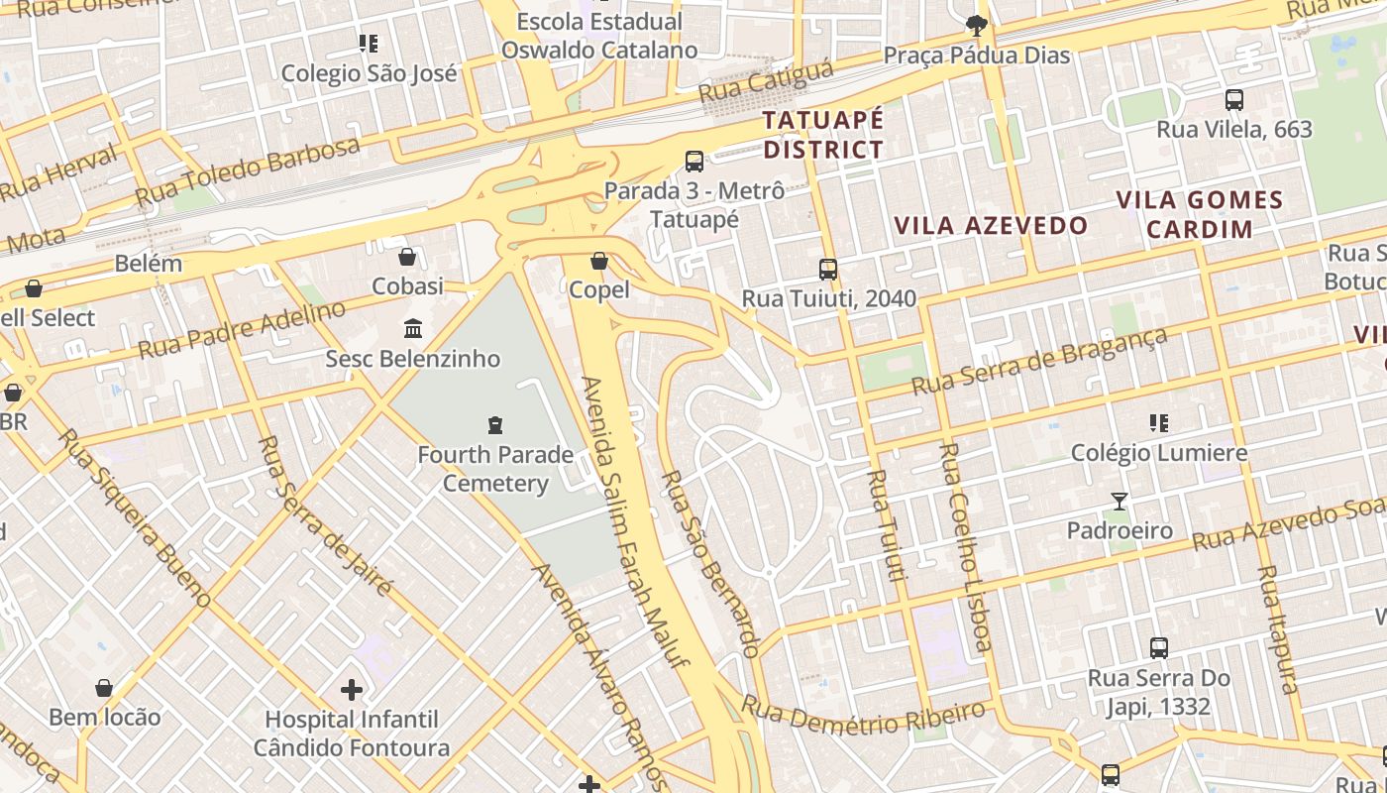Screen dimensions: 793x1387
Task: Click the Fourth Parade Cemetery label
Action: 495,469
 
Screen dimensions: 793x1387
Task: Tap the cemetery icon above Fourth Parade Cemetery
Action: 495,425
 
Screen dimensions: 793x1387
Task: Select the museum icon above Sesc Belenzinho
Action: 413,328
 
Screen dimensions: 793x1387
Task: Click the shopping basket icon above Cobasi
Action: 407,257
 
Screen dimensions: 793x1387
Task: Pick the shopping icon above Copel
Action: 599,261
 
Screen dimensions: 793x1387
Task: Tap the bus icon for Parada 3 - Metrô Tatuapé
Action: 694,161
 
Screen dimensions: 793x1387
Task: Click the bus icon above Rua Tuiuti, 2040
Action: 828,269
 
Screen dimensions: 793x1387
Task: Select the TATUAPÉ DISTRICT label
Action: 823,135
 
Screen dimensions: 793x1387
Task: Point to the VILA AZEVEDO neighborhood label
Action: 991,226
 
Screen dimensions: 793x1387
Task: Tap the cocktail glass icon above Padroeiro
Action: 1120,502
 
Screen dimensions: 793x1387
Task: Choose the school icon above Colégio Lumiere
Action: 1159,423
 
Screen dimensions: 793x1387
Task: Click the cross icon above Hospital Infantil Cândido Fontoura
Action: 352,689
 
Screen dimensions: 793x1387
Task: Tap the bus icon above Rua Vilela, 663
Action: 1234,99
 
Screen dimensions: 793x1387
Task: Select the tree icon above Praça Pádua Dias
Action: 977,26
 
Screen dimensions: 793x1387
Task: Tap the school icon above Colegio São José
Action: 369,44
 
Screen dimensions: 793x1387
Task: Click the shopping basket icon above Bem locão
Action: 104,687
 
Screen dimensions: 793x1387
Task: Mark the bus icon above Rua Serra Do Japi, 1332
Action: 1159,648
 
